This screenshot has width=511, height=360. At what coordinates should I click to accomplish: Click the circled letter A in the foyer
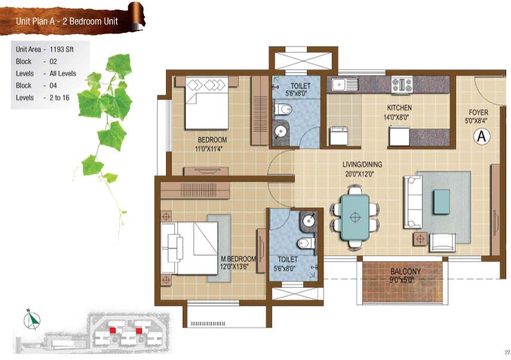point(482,136)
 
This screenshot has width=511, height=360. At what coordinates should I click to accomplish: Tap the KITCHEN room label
point(399,108)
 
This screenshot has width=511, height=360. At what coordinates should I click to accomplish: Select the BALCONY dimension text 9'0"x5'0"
point(405,280)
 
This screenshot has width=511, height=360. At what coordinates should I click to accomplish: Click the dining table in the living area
point(355,217)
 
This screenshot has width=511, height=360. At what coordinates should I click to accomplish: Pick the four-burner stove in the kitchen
point(402,84)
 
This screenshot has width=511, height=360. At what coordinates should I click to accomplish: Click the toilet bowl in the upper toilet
point(282,109)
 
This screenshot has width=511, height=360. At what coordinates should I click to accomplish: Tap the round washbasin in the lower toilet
point(308,220)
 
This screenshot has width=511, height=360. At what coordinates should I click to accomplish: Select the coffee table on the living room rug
point(442,202)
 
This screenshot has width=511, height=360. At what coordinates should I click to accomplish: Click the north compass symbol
point(32,320)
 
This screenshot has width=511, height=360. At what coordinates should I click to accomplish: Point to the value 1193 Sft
point(61,50)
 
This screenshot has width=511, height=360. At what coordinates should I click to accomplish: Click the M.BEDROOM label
point(239,259)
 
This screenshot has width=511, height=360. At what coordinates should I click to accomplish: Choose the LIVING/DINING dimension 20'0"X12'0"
point(360,174)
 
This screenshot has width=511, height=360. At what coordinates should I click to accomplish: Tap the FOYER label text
point(478,113)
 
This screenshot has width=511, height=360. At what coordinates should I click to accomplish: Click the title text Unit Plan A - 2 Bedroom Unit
point(67,21)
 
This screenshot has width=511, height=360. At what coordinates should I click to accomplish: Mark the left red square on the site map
point(112,330)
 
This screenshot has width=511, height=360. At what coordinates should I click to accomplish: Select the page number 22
point(507,352)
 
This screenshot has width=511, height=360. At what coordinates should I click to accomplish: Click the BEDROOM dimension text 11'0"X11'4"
point(208,149)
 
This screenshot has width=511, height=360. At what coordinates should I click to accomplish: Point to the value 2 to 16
point(59,98)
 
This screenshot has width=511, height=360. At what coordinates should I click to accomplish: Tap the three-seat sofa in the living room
point(413,202)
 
